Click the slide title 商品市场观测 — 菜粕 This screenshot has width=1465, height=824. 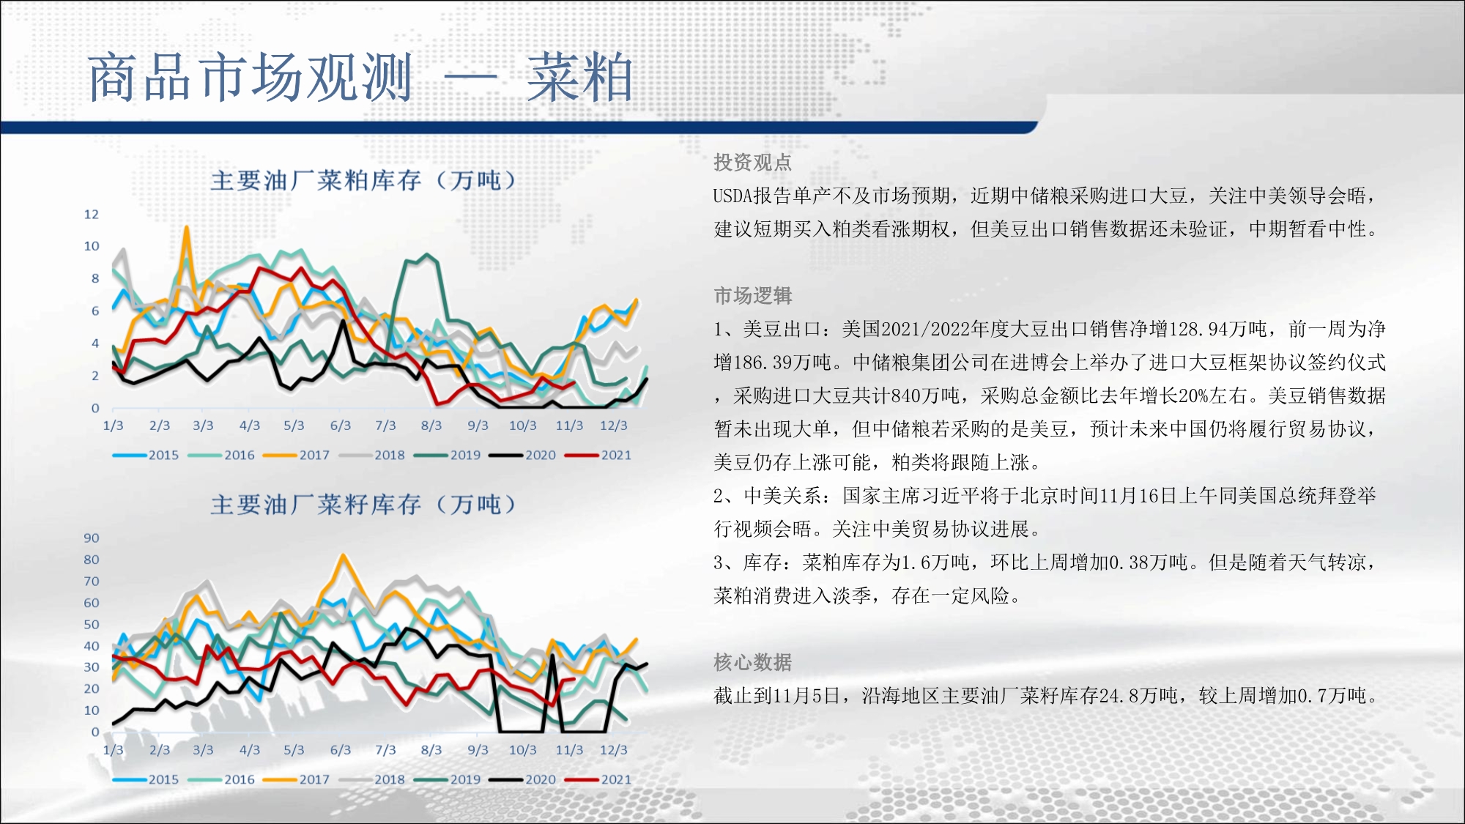point(360,77)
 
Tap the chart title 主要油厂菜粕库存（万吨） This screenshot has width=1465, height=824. point(364,180)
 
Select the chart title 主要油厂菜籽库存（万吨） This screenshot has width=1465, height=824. point(364,505)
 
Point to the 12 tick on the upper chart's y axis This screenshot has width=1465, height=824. point(92,215)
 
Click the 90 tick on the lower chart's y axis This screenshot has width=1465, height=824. point(92,538)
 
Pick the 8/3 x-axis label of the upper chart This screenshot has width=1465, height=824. point(431,426)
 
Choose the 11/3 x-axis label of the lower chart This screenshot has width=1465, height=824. point(569,750)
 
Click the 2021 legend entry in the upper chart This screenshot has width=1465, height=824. point(598,455)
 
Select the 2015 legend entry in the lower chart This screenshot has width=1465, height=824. point(146,779)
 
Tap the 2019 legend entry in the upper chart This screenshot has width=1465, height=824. point(448,455)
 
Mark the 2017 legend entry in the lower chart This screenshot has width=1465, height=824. point(297,779)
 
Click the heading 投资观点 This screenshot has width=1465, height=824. point(753,162)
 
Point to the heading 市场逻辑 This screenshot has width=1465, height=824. point(753,295)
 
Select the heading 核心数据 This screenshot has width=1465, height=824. point(753,662)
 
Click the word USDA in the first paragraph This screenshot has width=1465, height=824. point(733,196)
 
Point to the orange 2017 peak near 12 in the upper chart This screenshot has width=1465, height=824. point(186,228)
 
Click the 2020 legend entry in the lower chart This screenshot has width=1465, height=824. point(523,779)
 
